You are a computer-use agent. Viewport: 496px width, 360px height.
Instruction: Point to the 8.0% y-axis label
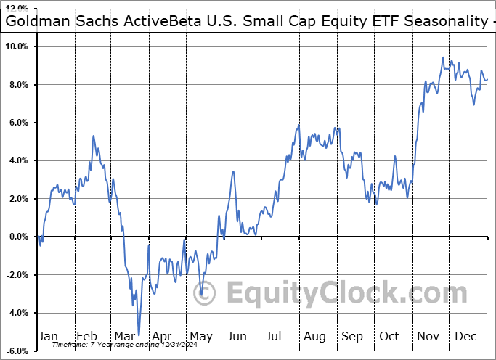17,85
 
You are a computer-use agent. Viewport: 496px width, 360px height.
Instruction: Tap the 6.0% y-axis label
17,123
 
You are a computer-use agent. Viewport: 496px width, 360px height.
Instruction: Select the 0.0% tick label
17,237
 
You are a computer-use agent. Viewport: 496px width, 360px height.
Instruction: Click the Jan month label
48,336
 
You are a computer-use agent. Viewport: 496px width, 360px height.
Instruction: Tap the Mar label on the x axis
123,336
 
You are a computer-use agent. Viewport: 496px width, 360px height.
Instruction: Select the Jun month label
237,336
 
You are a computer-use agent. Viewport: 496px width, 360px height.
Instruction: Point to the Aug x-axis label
314,336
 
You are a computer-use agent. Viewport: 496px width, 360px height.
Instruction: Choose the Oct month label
389,336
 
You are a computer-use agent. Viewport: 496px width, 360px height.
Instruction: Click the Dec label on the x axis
465,336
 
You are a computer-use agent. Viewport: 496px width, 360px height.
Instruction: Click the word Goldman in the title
37,21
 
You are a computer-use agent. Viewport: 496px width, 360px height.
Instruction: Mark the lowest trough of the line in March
138,335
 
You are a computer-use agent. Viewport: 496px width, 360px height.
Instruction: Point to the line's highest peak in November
442,57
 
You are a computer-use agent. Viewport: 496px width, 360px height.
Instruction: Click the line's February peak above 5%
93,136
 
